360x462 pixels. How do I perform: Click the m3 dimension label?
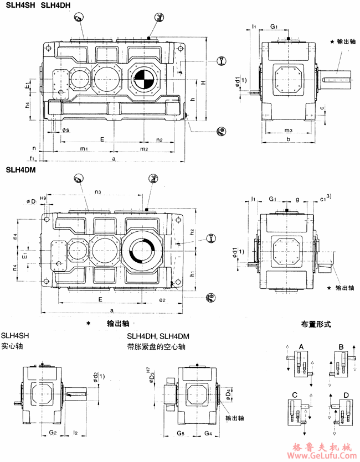tap(288, 130)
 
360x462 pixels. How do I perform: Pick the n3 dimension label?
tap(97, 192)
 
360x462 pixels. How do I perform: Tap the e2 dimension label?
tap(162, 299)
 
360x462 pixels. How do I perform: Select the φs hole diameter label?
tap(65, 130)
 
